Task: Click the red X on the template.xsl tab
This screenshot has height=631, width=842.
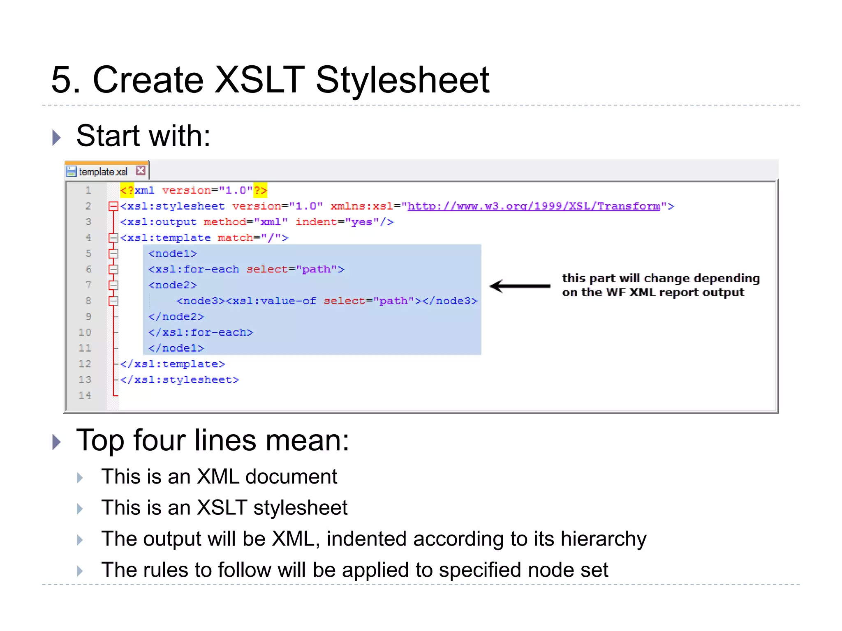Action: click(141, 170)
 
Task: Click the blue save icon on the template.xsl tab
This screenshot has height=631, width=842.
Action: click(72, 171)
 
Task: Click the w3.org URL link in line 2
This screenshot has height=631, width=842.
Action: click(533, 206)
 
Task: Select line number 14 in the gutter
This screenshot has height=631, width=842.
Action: click(85, 395)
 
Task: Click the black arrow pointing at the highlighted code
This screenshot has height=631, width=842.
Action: click(520, 286)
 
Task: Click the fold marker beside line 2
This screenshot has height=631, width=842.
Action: click(113, 206)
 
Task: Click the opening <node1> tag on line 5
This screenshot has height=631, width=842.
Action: click(173, 253)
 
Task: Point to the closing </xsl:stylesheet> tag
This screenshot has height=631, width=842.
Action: click(179, 380)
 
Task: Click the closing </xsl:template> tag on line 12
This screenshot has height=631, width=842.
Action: click(173, 364)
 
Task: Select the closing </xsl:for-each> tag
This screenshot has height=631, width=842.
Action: click(201, 332)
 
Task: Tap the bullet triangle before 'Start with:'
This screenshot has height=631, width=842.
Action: click(57, 137)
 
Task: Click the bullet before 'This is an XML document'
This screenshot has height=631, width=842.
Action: click(80, 478)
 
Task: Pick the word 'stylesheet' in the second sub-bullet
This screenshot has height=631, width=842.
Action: click(300, 507)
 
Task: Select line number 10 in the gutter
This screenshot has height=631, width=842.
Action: click(85, 332)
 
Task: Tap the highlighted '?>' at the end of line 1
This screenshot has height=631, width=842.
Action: click(260, 190)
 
